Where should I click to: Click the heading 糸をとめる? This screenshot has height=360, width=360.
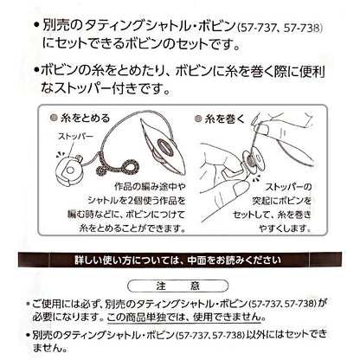tap(85, 119)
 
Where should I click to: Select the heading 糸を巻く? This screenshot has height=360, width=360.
tap(224, 119)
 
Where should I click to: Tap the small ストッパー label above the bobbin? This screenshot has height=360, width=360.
tap(75, 136)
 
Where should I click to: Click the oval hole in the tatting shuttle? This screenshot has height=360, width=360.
tap(165, 148)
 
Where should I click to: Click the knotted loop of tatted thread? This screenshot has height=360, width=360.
tap(118, 167)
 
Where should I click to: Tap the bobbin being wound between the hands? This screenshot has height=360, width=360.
tap(250, 164)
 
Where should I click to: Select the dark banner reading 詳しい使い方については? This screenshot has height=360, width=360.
tap(180, 260)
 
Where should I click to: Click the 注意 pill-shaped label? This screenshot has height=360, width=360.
tap(178, 286)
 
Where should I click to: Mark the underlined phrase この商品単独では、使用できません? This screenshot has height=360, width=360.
tap(185, 318)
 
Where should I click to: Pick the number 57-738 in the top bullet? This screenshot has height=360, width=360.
tap(302, 29)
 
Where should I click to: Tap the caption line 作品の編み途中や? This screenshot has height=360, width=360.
tap(150, 187)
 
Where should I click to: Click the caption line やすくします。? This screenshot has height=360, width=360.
tap(285, 228)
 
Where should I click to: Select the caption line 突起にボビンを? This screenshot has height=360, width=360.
tap(282, 201)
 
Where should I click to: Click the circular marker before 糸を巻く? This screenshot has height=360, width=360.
tap(198, 119)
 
